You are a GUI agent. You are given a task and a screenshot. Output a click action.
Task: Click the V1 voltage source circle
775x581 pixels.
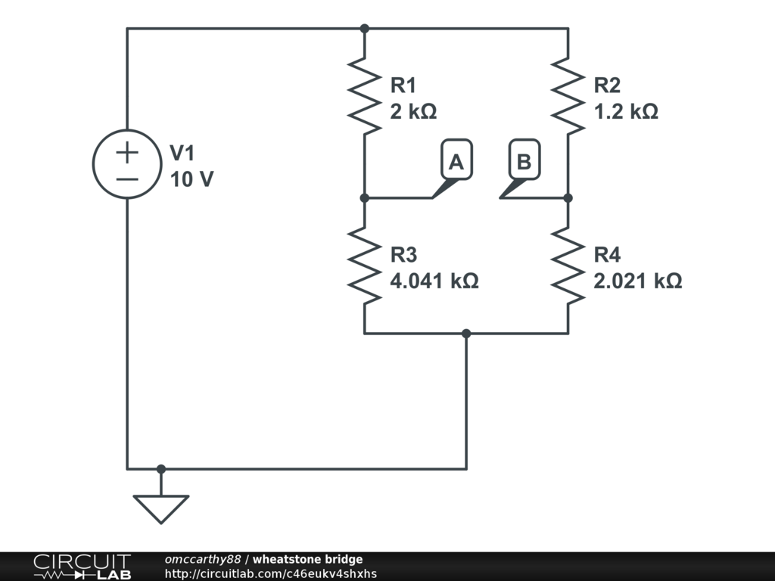tap(127, 164)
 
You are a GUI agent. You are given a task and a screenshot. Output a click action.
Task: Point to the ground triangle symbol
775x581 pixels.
tap(160, 508)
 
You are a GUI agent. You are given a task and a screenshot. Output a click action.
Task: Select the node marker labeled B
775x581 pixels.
tap(524, 162)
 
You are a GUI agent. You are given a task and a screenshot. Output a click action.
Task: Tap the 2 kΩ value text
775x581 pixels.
tap(413, 112)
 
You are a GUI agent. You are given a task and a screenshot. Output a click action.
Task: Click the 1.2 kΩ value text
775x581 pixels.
tap(626, 112)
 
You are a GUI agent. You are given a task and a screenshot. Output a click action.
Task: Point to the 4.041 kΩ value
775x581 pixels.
tap(434, 281)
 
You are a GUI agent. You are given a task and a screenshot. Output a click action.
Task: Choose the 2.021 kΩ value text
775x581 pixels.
tap(638, 281)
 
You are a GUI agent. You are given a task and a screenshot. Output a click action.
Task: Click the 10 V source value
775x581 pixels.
tap(191, 180)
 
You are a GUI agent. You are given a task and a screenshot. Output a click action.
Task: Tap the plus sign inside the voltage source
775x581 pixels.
tap(127, 152)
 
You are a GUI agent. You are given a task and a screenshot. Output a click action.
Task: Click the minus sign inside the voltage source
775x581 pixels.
tap(127, 179)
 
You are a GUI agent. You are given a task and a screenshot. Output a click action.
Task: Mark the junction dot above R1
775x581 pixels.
tap(364, 29)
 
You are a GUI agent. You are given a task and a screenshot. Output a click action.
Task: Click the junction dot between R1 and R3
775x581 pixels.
tap(364, 198)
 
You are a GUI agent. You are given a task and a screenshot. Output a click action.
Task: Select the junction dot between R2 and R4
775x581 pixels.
tap(568, 198)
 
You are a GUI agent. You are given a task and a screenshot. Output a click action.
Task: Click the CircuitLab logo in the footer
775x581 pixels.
tap(82, 567)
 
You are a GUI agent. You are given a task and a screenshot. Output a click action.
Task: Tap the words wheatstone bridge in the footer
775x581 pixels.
tap(307, 560)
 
